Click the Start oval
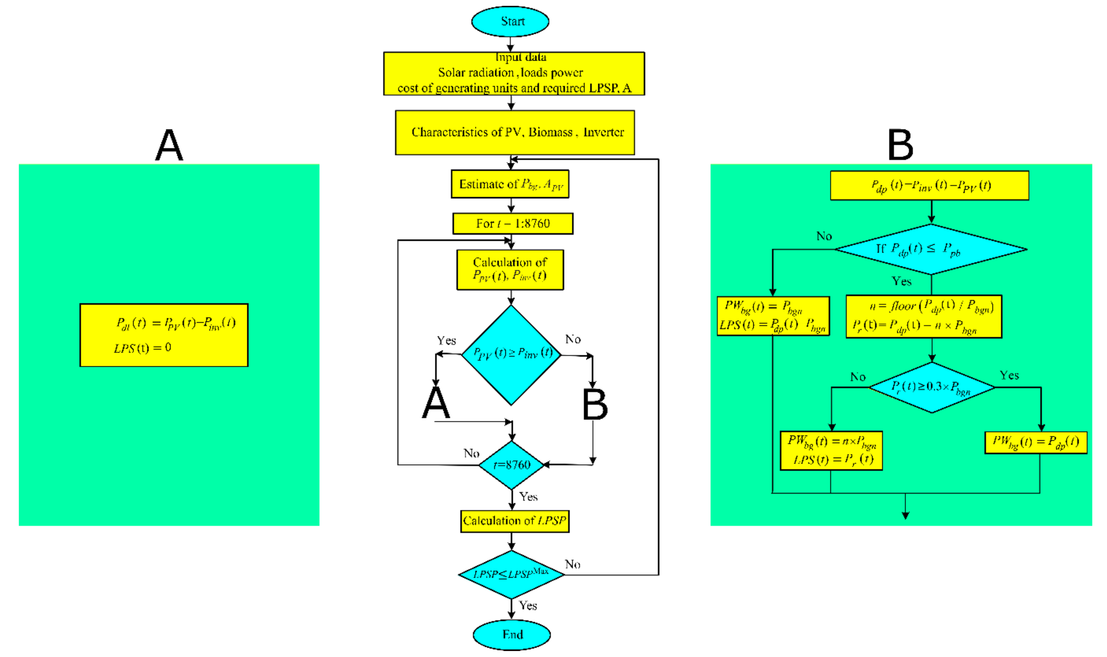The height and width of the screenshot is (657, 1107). (x=510, y=21)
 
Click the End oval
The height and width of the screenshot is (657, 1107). (x=512, y=634)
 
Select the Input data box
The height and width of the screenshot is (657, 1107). (x=514, y=73)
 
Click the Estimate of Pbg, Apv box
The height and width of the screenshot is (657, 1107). (x=510, y=184)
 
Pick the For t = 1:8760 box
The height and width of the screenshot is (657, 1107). (x=513, y=224)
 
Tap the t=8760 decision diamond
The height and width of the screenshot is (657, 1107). (x=512, y=465)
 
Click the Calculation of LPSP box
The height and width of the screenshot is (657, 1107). (x=514, y=521)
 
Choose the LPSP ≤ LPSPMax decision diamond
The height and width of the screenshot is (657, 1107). (x=512, y=575)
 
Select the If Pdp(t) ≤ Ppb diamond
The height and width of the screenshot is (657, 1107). (x=931, y=249)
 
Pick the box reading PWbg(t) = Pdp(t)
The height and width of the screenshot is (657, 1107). (x=1035, y=443)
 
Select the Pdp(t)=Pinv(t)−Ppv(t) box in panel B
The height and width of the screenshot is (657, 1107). (x=929, y=186)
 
